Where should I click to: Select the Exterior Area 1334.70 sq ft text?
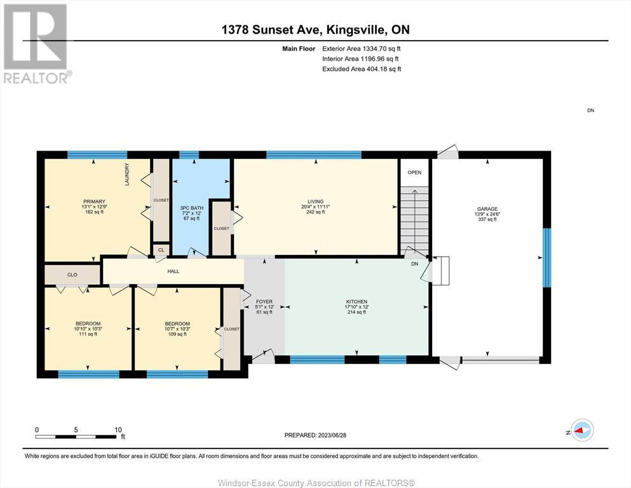tap(362, 49)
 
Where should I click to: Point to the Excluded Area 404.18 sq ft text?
tap(362, 69)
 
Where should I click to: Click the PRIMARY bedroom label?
tap(94, 201)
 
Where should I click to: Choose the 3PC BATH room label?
tap(191, 208)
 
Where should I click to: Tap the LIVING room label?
tap(315, 201)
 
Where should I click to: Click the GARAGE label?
tap(487, 209)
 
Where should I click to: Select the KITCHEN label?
tap(356, 302)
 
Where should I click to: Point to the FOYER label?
tap(264, 302)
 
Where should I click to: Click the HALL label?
tap(173, 271)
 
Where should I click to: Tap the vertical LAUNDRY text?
tap(127, 174)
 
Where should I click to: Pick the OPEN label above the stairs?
tap(414, 173)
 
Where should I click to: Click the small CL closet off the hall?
tap(161, 250)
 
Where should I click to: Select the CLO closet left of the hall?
tap(72, 274)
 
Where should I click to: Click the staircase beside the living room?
tap(414, 220)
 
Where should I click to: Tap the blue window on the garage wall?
tap(546, 257)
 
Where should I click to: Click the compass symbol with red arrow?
tap(582, 430)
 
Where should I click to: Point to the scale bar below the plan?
tap(76, 437)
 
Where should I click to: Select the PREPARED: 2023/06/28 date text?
tap(315, 435)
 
